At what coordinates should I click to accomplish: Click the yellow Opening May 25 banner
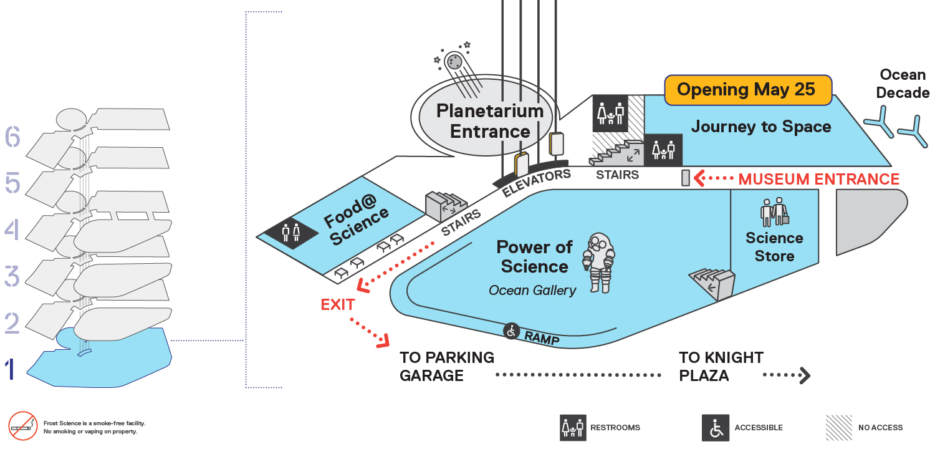748,90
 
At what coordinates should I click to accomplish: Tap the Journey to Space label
761,127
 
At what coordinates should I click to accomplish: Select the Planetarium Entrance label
490,121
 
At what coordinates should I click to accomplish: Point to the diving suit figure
600,263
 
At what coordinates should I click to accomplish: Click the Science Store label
774,247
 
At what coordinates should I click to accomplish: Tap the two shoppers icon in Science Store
774,212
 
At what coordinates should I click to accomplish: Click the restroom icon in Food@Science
291,232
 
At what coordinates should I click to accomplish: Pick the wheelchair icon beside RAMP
511,331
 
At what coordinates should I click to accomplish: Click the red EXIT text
338,305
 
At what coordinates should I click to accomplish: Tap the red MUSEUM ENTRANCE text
818,179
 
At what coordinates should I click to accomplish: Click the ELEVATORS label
536,183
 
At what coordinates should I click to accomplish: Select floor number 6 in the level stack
12,137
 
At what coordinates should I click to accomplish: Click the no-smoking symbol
23,426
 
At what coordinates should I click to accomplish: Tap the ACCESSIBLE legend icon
716,428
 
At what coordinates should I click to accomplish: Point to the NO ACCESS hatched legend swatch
838,428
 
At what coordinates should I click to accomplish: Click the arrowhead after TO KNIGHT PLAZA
805,375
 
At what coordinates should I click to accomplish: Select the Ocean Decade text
903,84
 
